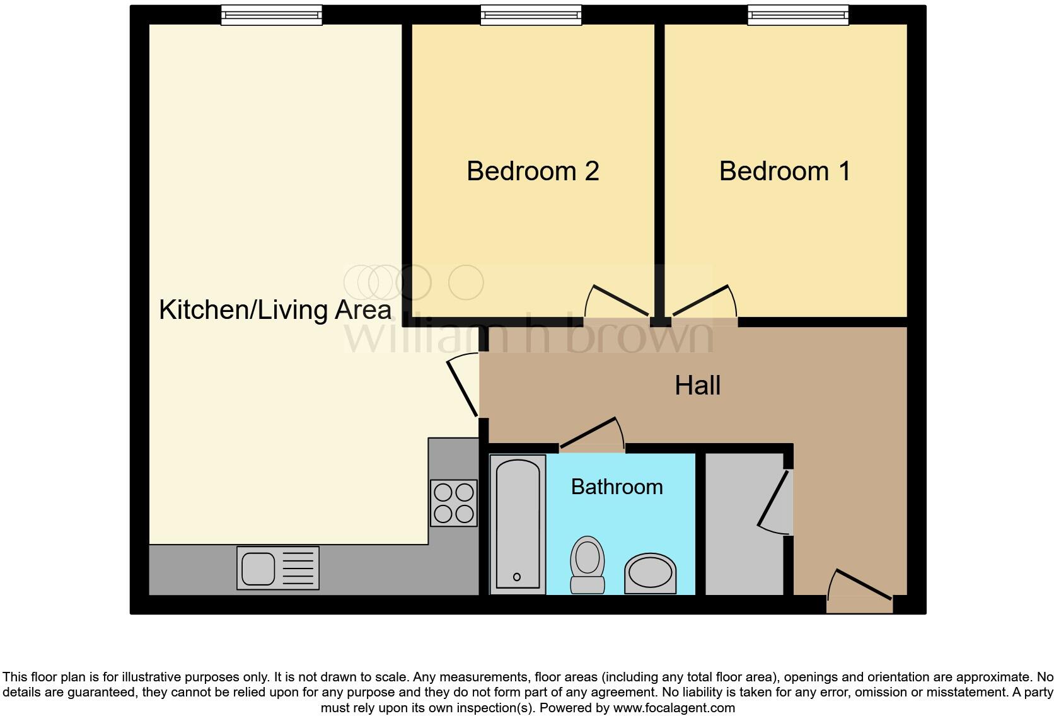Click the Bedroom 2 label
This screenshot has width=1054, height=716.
coord(533,171)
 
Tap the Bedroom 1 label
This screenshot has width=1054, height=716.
coord(785,171)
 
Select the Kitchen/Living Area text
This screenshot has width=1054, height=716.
coord(275,310)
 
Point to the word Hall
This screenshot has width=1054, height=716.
coord(697,386)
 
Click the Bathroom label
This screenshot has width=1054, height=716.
coord(617,487)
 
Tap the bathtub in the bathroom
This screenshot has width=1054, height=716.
coord(518,524)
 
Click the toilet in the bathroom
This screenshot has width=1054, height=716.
coord(587,564)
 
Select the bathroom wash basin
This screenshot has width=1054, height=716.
coord(650,574)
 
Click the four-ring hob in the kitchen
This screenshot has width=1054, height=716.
coord(454,503)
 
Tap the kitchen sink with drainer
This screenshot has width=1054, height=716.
coord(278,568)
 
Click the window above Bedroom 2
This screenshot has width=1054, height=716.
coord(531,14)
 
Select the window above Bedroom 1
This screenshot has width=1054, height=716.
coord(797,14)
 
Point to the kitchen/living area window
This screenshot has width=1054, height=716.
coord(271,14)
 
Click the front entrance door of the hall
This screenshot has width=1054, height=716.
coord(861,589)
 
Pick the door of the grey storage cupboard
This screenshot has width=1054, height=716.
coord(774,501)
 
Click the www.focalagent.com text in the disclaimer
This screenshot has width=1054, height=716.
coord(674,708)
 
